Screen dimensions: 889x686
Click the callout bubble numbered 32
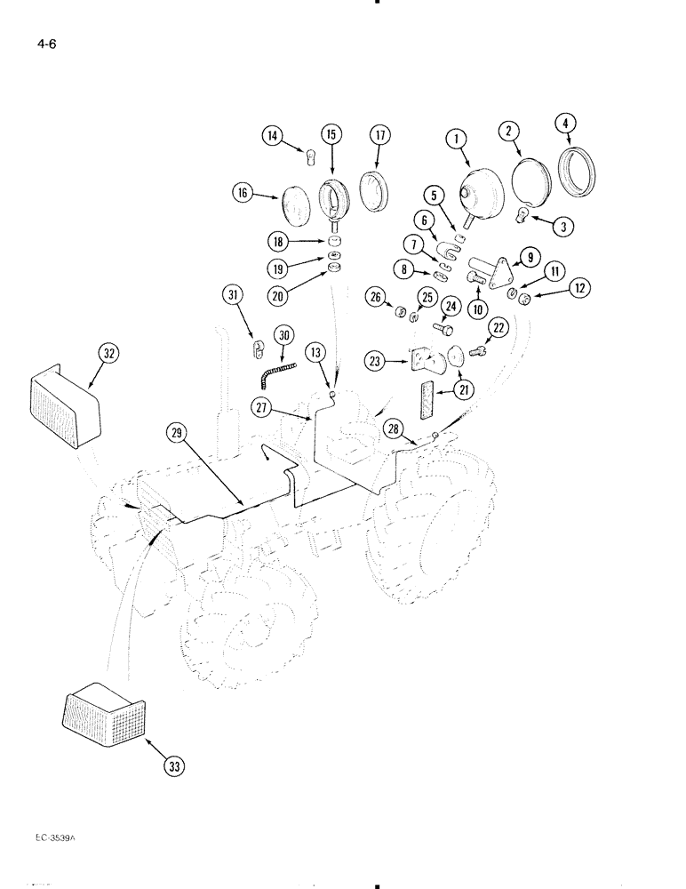coord(108,353)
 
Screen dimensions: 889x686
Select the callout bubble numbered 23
coord(375,360)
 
